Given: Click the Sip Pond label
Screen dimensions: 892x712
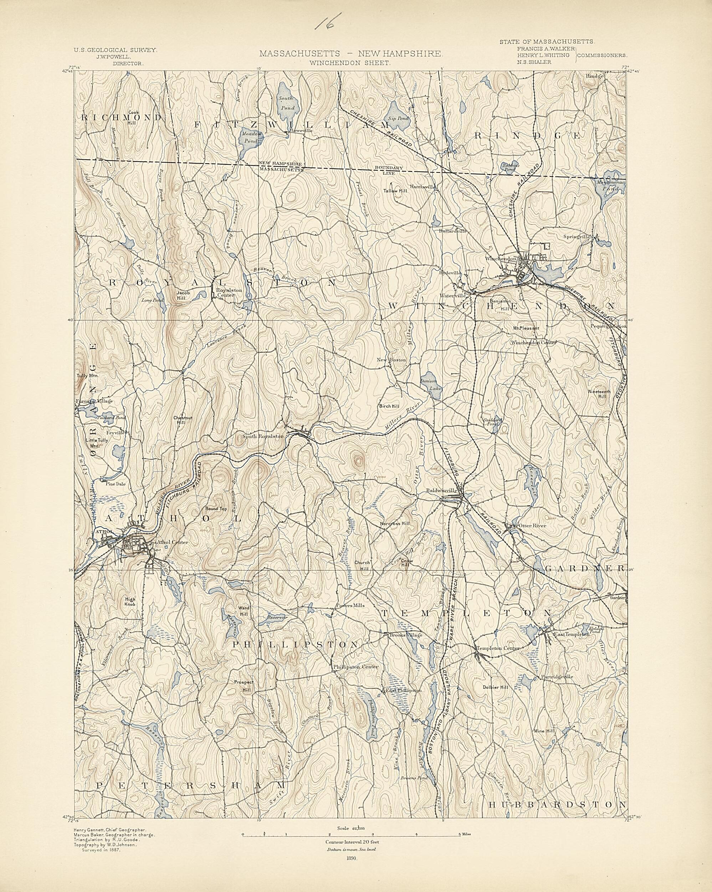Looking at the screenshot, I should [398, 118].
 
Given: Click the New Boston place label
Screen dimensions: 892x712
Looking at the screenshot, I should [391, 360].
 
